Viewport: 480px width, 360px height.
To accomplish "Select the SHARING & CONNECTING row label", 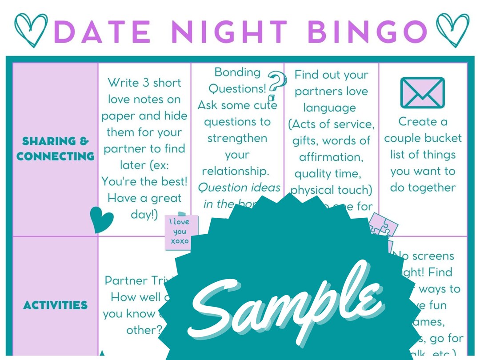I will (x=56, y=149).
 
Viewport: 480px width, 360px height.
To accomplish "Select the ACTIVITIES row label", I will (x=56, y=305).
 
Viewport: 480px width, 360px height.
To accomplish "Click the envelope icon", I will (x=422, y=93).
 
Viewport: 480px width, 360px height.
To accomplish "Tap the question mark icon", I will (x=277, y=86).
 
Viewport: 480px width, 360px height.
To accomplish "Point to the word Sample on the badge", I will (x=284, y=302).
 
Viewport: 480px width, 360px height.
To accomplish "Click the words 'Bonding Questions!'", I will (x=237, y=80).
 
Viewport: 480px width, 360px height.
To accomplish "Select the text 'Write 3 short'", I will (x=144, y=83).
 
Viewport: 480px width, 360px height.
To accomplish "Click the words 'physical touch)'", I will (x=331, y=190).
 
